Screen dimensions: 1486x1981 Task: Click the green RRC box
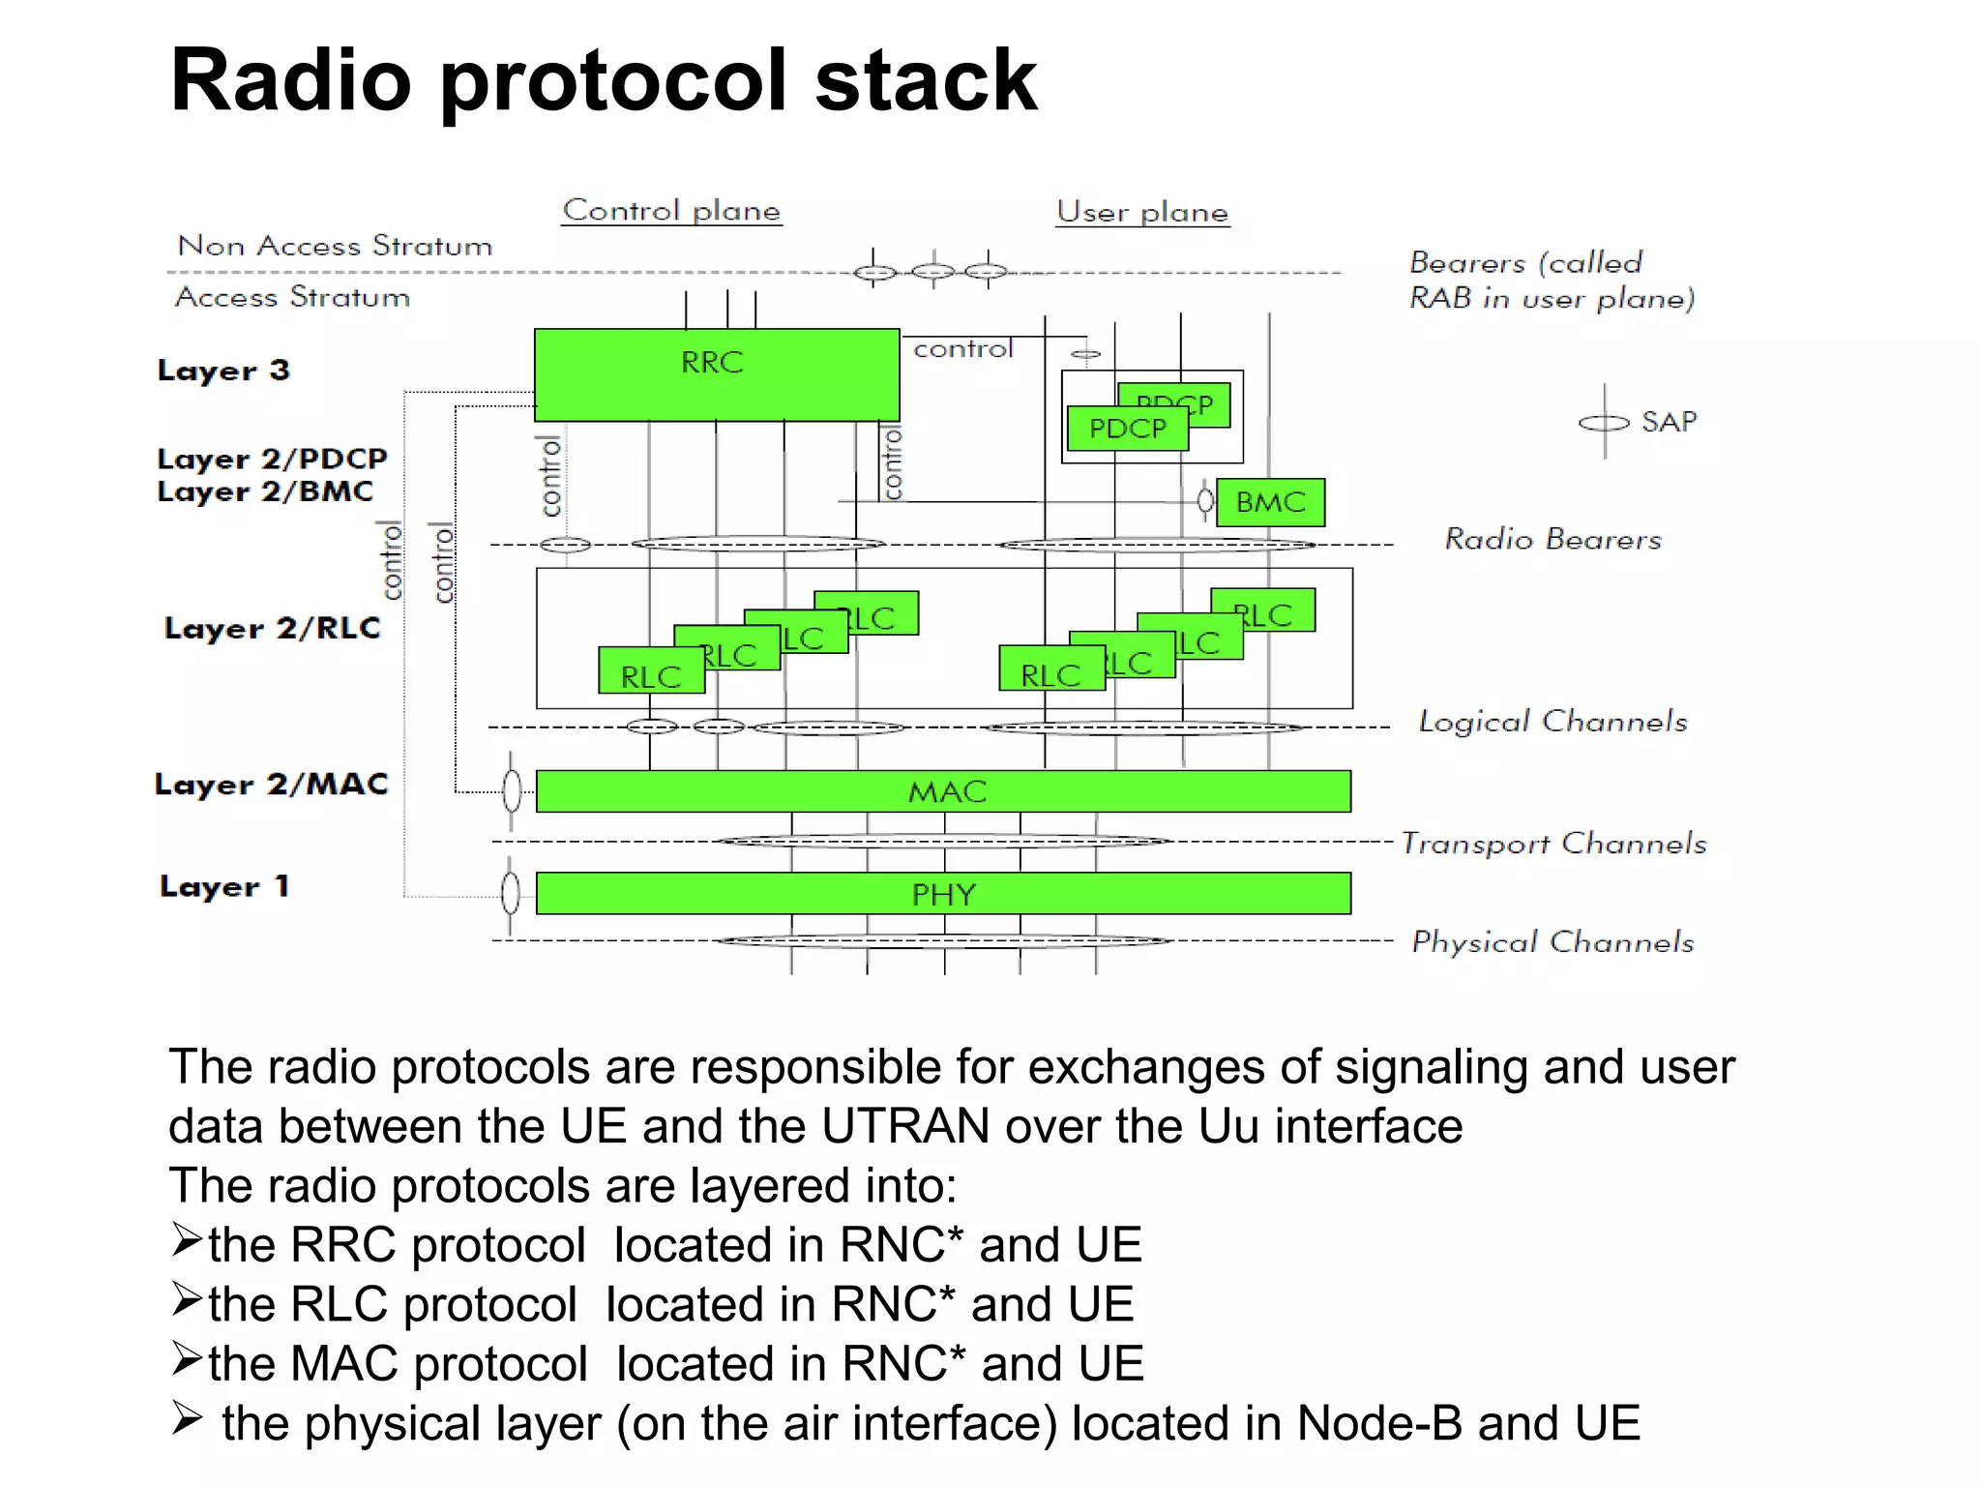(x=716, y=374)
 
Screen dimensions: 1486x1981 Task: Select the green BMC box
(x=1270, y=502)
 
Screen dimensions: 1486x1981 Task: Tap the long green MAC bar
(x=943, y=791)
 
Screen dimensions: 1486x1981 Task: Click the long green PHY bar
(x=943, y=894)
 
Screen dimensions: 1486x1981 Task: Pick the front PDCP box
(x=1127, y=429)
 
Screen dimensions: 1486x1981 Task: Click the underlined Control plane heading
(x=671, y=211)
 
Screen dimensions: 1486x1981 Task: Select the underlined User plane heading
(x=1142, y=212)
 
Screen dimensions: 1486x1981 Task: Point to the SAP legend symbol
(x=1604, y=423)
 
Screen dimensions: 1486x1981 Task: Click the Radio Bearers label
(x=1552, y=539)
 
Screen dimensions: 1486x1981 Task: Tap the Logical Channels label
(x=1552, y=722)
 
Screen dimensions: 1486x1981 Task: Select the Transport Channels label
(x=1553, y=844)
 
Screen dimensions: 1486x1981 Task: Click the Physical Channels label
(x=1552, y=942)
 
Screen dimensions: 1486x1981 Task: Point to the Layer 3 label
(x=223, y=371)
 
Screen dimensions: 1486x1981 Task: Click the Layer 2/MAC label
(x=272, y=785)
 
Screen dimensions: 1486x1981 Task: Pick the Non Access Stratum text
(x=335, y=246)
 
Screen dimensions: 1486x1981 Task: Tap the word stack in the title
(x=926, y=80)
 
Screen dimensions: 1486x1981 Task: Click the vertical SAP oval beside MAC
(x=512, y=791)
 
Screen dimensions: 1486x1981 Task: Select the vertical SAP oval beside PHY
(x=511, y=893)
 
